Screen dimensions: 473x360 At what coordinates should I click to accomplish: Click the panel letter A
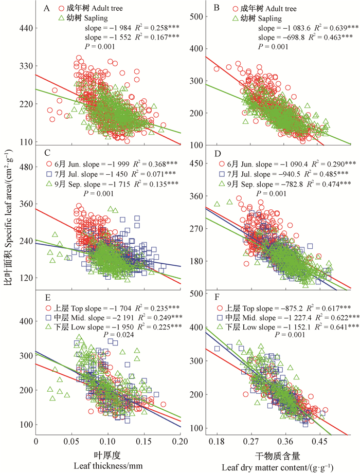point(47,9)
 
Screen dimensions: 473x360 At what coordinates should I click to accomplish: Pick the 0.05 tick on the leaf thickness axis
point(71,441)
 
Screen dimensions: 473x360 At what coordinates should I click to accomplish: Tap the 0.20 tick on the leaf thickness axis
point(180,441)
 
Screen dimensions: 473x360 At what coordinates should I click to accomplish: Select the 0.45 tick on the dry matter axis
point(319,441)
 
